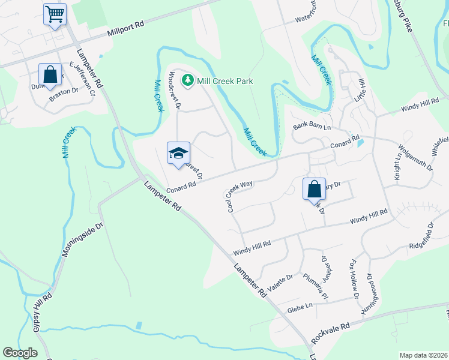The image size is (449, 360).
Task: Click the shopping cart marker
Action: pyautogui.click(x=55, y=14)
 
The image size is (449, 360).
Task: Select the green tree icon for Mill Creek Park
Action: pyautogui.click(x=188, y=80)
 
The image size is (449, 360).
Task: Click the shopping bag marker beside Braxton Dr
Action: pyautogui.click(x=50, y=76)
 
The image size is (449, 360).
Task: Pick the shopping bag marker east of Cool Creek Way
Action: pyautogui.click(x=314, y=189)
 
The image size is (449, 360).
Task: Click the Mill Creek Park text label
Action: pyautogui.click(x=226, y=81)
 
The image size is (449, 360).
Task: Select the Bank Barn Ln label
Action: pyautogui.click(x=312, y=127)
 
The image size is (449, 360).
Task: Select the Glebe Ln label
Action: pyautogui.click(x=301, y=306)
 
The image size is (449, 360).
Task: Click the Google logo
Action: pyautogui.click(x=20, y=353)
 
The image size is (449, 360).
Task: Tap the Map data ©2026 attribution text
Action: pyautogui.click(x=423, y=355)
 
